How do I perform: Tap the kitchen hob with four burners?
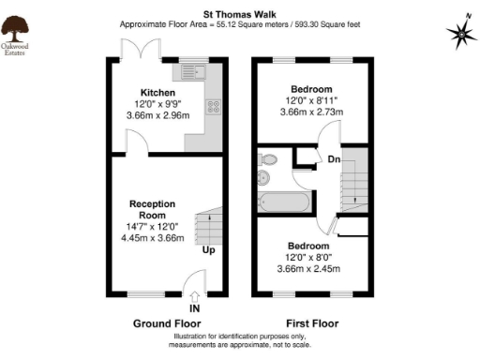(215, 109)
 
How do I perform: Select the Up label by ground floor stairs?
(209, 250)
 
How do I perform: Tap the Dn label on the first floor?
(333, 159)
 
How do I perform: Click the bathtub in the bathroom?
(288, 200)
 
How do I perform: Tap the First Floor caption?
(312, 323)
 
